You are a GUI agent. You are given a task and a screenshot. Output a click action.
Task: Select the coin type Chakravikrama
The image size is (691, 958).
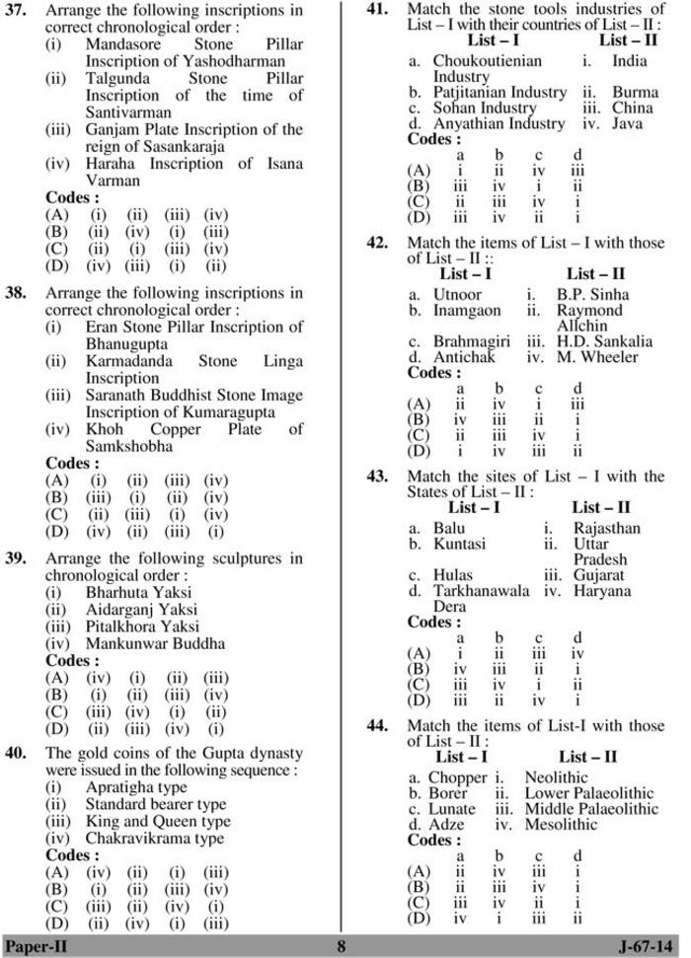143,838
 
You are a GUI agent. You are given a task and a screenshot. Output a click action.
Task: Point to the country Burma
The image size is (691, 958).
635,93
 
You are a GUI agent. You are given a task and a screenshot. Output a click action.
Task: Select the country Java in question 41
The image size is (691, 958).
626,124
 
